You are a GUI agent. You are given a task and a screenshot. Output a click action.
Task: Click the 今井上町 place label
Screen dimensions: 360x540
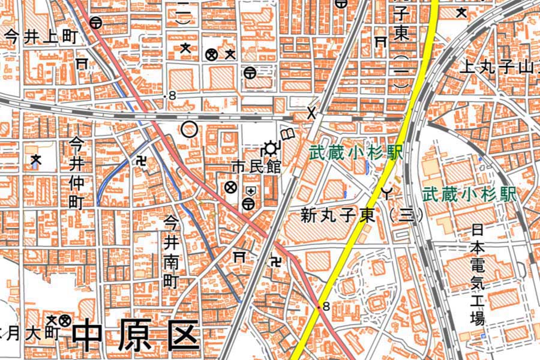tap(41, 37)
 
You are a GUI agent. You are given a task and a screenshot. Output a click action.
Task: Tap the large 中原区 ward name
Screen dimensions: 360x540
tap(136, 337)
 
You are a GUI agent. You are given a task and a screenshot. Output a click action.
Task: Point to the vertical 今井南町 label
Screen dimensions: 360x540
tap(172, 252)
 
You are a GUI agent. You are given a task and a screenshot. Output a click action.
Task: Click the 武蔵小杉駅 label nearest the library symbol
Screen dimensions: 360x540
tap(355, 153)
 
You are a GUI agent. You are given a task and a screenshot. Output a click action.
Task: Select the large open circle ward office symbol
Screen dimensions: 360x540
tap(190, 129)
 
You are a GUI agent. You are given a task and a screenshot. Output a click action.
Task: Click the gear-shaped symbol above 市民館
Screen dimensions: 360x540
tap(271, 148)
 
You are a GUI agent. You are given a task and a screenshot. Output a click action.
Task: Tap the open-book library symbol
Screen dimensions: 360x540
tap(288, 133)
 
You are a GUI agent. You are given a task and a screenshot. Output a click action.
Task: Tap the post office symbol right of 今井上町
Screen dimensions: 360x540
tap(95, 23)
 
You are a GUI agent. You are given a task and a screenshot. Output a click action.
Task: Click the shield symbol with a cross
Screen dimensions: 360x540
tap(250, 191)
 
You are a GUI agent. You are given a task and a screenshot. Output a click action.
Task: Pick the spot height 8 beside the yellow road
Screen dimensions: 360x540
tap(325, 307)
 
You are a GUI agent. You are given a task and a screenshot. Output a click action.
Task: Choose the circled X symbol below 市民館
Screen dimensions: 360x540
tap(229, 187)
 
